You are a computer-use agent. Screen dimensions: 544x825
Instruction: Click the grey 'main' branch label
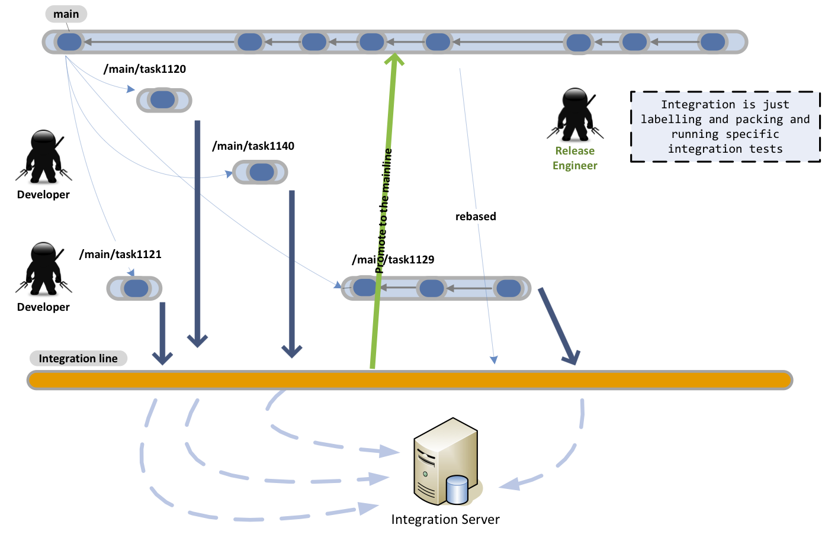tap(66, 14)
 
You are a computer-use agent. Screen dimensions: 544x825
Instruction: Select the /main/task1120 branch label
tap(145, 69)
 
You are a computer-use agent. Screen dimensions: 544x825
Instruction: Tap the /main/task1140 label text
tap(253, 146)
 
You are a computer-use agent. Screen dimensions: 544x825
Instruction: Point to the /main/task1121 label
tap(120, 255)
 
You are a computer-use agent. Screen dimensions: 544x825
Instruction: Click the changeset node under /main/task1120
tap(162, 100)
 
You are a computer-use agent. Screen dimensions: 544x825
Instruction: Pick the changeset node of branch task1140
tap(261, 172)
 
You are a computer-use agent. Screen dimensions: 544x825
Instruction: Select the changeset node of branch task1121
tap(136, 288)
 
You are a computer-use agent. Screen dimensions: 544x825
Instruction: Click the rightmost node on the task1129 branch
tap(508, 288)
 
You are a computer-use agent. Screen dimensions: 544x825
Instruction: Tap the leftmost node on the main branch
tap(69, 42)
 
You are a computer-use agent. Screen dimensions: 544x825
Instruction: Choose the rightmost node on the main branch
tap(712, 42)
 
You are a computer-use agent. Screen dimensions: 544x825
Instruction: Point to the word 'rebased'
tap(476, 217)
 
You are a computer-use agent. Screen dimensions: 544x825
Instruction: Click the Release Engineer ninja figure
tap(575, 115)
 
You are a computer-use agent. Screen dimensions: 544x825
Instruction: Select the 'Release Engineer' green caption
tap(574, 158)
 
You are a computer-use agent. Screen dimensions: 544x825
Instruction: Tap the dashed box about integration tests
tap(725, 127)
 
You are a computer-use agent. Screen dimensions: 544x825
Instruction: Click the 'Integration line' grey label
tap(78, 359)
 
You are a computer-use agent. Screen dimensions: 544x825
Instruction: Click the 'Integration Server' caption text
tap(445, 520)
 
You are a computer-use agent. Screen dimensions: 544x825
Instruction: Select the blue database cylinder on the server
tap(457, 490)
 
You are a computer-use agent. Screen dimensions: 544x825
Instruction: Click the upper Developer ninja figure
tap(44, 157)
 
